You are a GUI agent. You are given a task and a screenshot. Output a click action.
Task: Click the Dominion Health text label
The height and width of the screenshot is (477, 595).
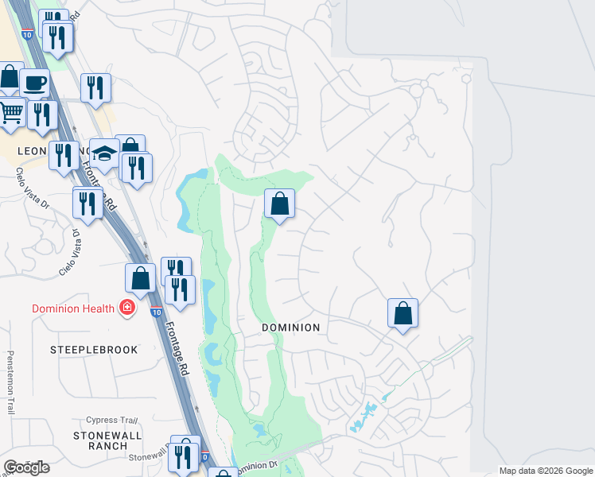[x=73, y=308]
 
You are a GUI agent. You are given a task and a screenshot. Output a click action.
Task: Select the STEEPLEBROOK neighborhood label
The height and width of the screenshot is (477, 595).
[x=94, y=350]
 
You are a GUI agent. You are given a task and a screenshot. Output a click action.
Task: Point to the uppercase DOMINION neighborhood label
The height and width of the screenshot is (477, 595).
[x=291, y=328]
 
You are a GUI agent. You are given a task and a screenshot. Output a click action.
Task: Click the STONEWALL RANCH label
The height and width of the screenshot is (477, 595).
[x=107, y=440]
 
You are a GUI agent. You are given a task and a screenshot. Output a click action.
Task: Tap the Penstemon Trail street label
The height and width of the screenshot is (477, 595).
[x=10, y=382]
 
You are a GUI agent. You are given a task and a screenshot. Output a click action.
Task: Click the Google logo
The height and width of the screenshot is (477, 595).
[x=26, y=467]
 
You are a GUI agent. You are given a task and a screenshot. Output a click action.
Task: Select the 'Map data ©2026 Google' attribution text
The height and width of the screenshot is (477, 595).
[x=545, y=471]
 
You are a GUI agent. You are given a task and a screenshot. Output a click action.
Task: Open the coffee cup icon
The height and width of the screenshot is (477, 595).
[x=34, y=83]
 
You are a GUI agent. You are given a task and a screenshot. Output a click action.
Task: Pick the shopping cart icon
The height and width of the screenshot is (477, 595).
[x=10, y=113]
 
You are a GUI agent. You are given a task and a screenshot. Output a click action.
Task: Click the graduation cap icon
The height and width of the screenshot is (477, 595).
[x=104, y=152]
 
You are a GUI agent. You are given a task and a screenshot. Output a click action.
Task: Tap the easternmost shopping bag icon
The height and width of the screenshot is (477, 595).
[x=403, y=313]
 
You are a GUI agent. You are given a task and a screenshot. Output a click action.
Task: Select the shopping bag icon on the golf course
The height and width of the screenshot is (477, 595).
[x=279, y=204]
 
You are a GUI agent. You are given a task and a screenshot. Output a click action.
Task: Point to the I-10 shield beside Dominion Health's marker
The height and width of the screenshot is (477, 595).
[x=157, y=310]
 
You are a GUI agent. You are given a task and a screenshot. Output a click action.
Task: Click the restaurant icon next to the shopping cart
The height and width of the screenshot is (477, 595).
[x=41, y=114]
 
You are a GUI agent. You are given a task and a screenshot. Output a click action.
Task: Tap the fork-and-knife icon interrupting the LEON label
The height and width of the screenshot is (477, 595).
[x=64, y=154]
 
